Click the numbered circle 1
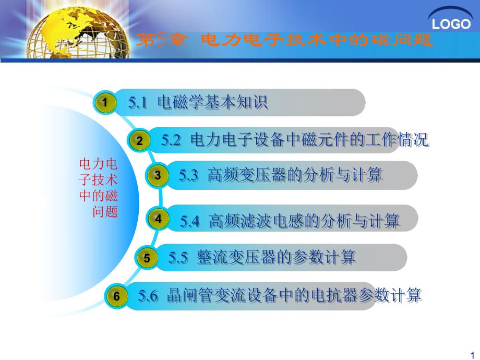pyautogui.click(x=105, y=103)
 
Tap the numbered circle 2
pyautogui.click(x=139, y=140)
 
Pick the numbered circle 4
pyautogui.click(x=159, y=219)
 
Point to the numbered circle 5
pyautogui.click(x=147, y=258)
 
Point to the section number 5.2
pyautogui.click(x=171, y=140)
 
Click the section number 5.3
pyautogui.click(x=188, y=175)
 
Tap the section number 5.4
pyautogui.click(x=190, y=221)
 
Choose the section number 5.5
pyautogui.click(x=178, y=257)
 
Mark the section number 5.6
pyautogui.click(x=148, y=296)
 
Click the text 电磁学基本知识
pyautogui.click(x=212, y=103)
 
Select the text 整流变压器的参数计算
pyautogui.click(x=277, y=257)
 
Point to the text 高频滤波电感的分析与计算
pyautogui.click(x=304, y=221)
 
